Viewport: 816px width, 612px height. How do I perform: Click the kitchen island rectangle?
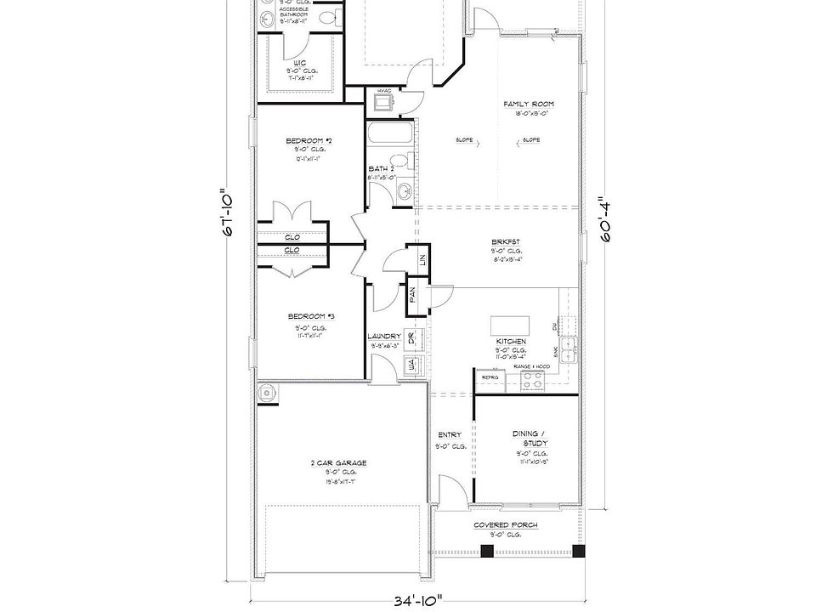click(x=510, y=325)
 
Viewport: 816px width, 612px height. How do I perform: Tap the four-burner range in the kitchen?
click(x=533, y=382)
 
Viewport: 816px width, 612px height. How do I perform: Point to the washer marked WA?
click(x=411, y=365)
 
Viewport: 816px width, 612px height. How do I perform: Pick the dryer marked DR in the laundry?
click(x=411, y=338)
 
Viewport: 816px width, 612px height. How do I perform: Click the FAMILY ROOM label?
click(x=528, y=104)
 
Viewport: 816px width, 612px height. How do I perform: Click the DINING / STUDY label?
click(x=530, y=439)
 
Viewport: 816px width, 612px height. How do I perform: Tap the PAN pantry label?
click(x=412, y=294)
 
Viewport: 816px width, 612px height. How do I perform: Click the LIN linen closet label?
click(x=422, y=259)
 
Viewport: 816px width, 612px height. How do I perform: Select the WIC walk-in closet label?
click(x=300, y=63)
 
